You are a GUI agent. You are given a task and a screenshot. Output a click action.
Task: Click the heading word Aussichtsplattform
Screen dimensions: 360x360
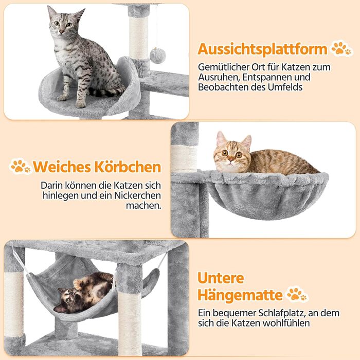pos(262,49)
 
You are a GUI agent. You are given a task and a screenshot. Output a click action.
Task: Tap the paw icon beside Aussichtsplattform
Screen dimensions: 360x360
pos(341,49)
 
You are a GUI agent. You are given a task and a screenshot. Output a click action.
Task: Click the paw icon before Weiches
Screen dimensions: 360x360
pos(20,166)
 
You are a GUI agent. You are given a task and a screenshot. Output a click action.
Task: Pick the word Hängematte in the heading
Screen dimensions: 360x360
pos(240,295)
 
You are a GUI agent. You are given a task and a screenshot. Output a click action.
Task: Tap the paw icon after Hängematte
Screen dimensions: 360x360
pos(297,295)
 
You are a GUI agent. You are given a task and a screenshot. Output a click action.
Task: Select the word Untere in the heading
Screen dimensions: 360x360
pos(221,278)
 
